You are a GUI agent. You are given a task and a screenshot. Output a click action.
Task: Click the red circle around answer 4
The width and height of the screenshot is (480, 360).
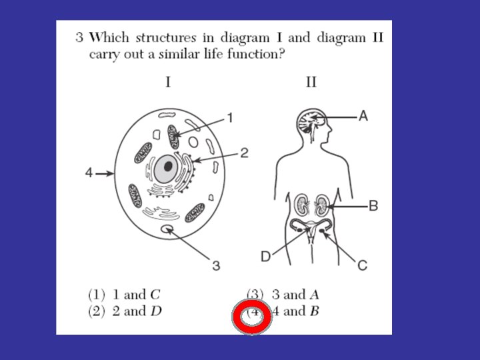point(252,317)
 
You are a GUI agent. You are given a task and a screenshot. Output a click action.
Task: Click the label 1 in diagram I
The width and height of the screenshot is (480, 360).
point(230,118)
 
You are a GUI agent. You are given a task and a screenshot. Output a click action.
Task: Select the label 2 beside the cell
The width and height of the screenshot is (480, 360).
point(245,153)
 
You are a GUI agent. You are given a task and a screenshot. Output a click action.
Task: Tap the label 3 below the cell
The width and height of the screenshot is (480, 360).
point(216,266)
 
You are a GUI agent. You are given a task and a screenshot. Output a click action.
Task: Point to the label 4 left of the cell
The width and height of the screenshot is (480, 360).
point(89,173)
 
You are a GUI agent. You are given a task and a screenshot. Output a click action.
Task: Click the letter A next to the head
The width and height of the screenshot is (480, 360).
point(363,116)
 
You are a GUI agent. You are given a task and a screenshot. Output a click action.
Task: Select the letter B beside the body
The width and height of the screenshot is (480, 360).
point(373,207)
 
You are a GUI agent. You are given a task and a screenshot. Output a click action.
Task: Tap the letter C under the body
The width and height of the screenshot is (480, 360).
point(362,265)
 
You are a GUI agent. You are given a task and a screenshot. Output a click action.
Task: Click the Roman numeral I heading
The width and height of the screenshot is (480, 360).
point(168,83)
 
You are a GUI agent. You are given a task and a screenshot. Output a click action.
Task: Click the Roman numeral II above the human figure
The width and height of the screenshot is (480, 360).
point(311,83)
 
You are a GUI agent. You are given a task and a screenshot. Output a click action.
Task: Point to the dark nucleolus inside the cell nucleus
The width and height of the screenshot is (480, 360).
point(169,166)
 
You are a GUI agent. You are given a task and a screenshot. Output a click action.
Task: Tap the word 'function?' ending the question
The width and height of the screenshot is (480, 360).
point(259,54)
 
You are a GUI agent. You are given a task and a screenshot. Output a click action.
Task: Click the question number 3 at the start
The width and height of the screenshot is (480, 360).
point(78,37)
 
